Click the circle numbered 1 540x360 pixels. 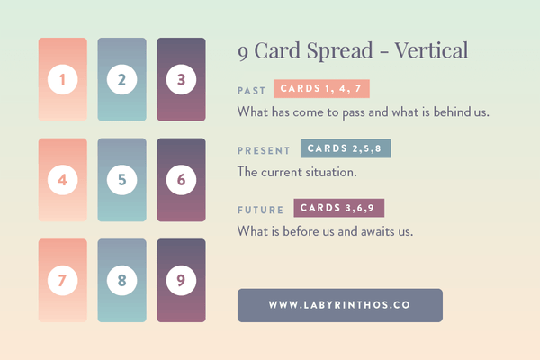pyautogui.click(x=62, y=80)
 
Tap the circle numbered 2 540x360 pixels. pyautogui.click(x=121, y=80)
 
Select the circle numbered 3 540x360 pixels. pyautogui.click(x=181, y=80)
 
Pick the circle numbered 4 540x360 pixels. pyautogui.click(x=62, y=180)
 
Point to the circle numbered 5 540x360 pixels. pyautogui.click(x=121, y=180)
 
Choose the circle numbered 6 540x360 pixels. pyautogui.click(x=181, y=180)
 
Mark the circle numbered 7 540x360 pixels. pyautogui.click(x=62, y=280)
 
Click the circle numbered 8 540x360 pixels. pyautogui.click(x=121, y=280)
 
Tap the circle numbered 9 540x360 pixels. pyautogui.click(x=181, y=280)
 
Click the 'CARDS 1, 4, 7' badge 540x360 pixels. pyautogui.click(x=320, y=89)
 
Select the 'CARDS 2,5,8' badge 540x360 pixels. pyautogui.click(x=346, y=148)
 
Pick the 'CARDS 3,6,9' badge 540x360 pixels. pyautogui.click(x=338, y=208)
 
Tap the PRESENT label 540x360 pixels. pyautogui.click(x=264, y=150)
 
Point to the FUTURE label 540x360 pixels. pyautogui.click(x=260, y=210)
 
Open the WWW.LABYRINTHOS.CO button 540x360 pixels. pyautogui.click(x=339, y=305)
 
